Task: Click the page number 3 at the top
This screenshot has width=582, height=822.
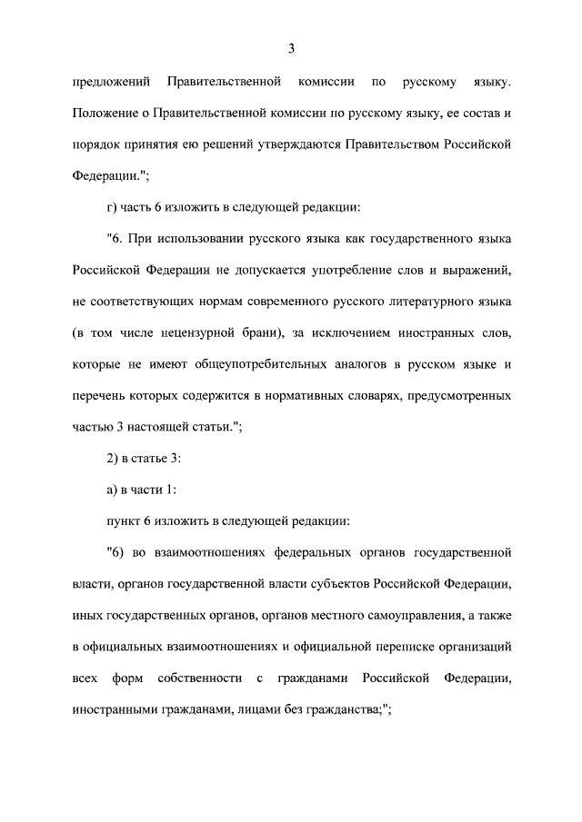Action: click(x=291, y=48)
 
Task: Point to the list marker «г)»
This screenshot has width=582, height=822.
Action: click(x=114, y=207)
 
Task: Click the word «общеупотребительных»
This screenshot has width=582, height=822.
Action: click(x=237, y=364)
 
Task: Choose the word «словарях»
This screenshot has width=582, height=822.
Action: click(x=375, y=396)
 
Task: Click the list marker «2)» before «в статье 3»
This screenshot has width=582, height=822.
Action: click(x=114, y=458)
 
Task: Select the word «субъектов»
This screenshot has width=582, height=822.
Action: click(x=347, y=584)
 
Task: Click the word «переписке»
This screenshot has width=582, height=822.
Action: click(x=406, y=647)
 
